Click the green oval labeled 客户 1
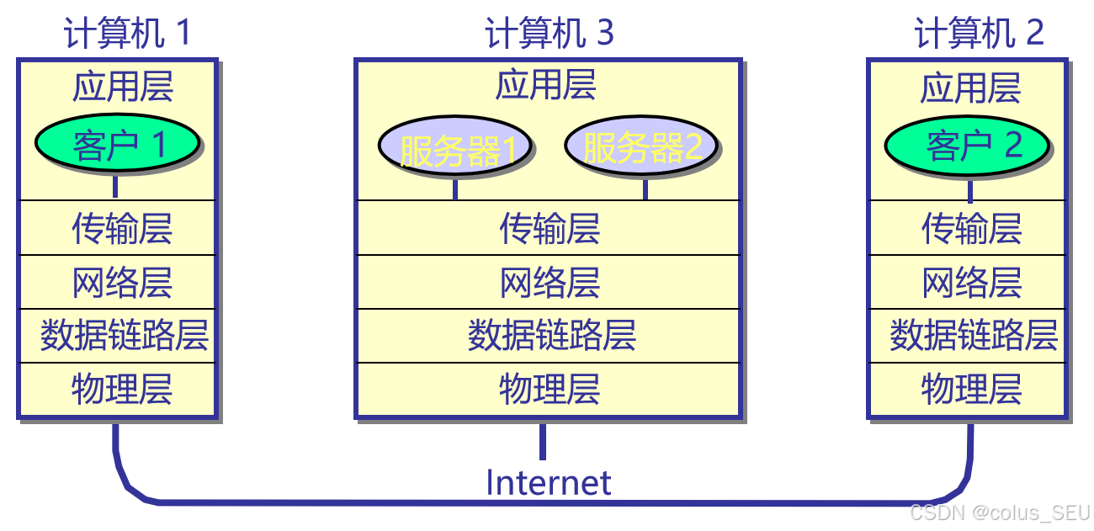pyautogui.click(x=117, y=144)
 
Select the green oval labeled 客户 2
pyautogui.click(x=967, y=146)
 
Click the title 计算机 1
pyautogui.click(x=127, y=34)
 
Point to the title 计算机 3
pyautogui.click(x=550, y=34)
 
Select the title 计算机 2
pyautogui.click(x=979, y=34)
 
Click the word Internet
pyautogui.click(x=549, y=483)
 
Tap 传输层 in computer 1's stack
pyautogui.click(x=122, y=228)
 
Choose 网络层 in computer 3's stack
pyautogui.click(x=550, y=283)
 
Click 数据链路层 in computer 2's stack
pyautogui.click(x=974, y=336)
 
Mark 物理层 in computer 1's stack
pyautogui.click(x=122, y=390)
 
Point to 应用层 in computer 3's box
pyautogui.click(x=546, y=86)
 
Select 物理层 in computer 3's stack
pyautogui.click(x=550, y=390)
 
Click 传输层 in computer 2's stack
pyautogui.click(x=972, y=228)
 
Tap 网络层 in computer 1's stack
pyautogui.click(x=122, y=283)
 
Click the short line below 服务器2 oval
pyautogui.click(x=645, y=189)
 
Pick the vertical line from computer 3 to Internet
pyautogui.click(x=542, y=441)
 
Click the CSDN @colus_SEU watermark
pyautogui.click(x=1001, y=512)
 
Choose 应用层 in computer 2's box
pyautogui.click(x=970, y=88)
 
